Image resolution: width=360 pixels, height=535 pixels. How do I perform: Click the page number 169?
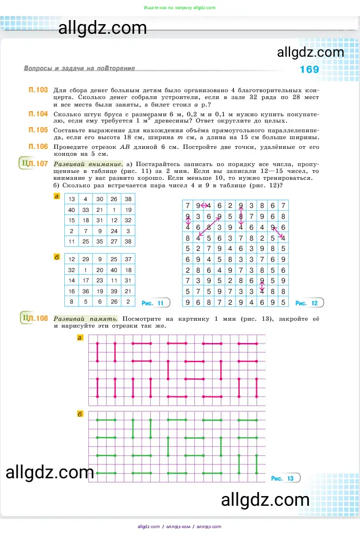tap(310, 70)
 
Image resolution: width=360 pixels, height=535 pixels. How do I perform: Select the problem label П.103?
tap(38, 91)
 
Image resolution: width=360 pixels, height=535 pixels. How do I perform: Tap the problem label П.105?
tap(38, 130)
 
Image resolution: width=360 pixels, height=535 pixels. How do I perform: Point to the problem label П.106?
tap(38, 146)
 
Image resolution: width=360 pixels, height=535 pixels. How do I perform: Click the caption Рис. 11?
tap(152, 303)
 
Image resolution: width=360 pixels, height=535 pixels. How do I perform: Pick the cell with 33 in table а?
tap(86, 210)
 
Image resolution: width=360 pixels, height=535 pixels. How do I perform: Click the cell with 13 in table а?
tap(72, 199)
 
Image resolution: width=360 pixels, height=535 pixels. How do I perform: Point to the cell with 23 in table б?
tap(100, 281)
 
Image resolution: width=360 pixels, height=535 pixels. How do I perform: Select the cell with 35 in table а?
tap(100, 242)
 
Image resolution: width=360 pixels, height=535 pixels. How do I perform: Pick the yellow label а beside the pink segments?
tap(80, 338)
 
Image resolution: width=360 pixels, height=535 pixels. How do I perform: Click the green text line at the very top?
tap(179, 7)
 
